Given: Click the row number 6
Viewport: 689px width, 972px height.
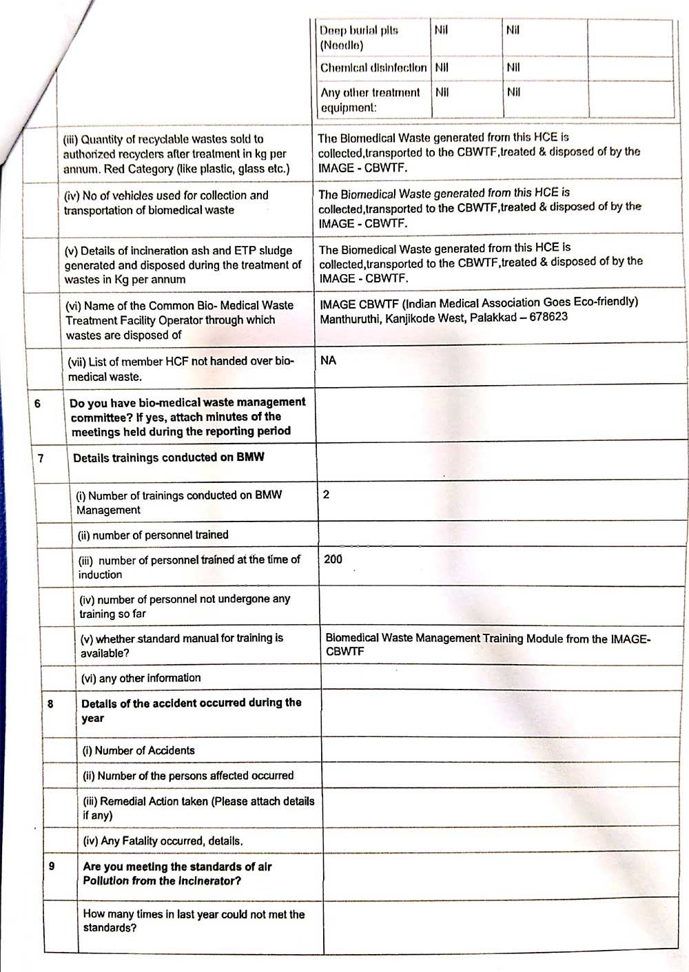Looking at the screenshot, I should click(x=37, y=403).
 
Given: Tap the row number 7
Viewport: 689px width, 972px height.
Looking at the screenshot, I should click(x=41, y=458).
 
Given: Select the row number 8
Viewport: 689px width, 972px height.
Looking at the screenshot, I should click(x=50, y=703).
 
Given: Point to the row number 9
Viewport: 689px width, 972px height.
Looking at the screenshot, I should click(x=52, y=866).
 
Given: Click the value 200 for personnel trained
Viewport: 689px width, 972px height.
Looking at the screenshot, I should click(x=333, y=559).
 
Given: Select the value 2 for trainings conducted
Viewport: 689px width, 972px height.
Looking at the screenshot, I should click(x=326, y=495).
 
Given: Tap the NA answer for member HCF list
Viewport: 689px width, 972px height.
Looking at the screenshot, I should click(x=328, y=360).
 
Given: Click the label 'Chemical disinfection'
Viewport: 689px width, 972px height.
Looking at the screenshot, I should click(x=373, y=68).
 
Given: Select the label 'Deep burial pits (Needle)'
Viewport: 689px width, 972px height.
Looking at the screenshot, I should click(x=358, y=38).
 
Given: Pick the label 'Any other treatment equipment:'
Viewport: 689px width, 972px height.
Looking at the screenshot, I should click(x=369, y=100).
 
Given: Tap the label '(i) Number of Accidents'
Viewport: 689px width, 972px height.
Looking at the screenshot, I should click(x=138, y=750).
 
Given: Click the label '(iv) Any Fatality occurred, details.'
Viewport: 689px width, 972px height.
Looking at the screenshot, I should click(x=163, y=840).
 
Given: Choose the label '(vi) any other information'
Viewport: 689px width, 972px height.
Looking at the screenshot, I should click(x=141, y=678).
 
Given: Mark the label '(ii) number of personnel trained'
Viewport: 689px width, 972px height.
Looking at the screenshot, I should click(x=153, y=535).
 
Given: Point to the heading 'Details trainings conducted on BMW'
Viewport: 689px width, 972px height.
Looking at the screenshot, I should click(x=168, y=457).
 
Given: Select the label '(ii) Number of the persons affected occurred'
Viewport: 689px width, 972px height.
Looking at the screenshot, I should click(x=188, y=776).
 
